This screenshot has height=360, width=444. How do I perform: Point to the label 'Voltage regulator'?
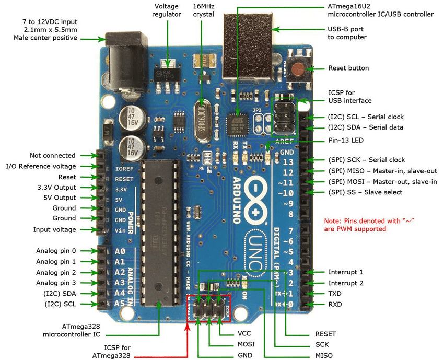click(167, 10)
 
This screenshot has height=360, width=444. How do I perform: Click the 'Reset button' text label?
click(348, 68)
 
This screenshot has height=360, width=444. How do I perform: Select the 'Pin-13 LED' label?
click(346, 141)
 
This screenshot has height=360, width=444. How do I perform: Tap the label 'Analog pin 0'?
click(56, 251)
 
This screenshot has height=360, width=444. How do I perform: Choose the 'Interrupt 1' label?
click(345, 272)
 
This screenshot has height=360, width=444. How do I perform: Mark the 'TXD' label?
click(334, 294)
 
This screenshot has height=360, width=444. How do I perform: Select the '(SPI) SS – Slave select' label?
click(365, 192)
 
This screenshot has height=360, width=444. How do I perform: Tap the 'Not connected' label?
click(52, 156)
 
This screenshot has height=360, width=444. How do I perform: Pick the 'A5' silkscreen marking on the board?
click(120, 304)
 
